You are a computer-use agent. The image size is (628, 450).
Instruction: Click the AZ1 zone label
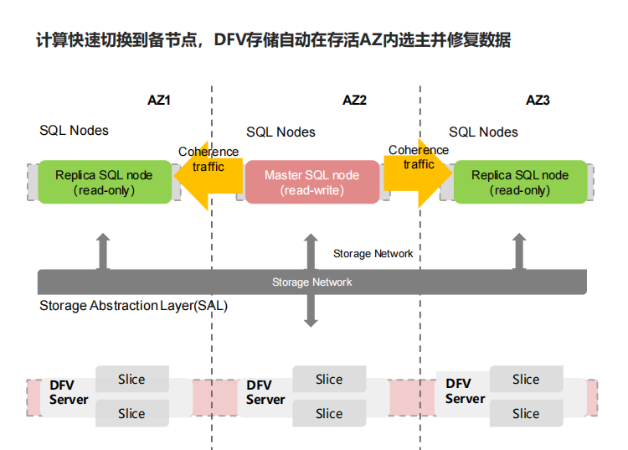click(x=159, y=100)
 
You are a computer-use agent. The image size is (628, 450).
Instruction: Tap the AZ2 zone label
click(x=354, y=100)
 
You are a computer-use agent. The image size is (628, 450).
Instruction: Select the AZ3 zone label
click(x=538, y=100)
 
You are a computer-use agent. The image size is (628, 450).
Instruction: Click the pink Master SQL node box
click(x=312, y=183)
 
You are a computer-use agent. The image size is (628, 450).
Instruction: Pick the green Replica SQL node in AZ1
click(x=105, y=182)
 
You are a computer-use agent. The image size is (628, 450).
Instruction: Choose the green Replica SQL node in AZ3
click(x=520, y=182)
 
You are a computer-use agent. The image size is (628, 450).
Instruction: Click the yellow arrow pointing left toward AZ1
click(x=208, y=175)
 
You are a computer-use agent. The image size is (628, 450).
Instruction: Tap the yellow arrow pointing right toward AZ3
click(x=418, y=173)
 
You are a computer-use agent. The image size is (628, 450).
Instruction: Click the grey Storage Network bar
click(x=312, y=282)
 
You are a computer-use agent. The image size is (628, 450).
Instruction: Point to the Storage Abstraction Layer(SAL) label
click(x=133, y=306)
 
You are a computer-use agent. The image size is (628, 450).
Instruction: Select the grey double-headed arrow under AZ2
click(x=311, y=280)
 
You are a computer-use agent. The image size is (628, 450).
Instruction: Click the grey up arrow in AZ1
click(x=103, y=251)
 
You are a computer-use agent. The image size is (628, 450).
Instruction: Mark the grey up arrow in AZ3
click(x=519, y=251)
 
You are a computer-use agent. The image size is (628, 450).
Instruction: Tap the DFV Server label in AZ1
click(x=69, y=392)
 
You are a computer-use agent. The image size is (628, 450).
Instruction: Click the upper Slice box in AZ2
click(x=329, y=379)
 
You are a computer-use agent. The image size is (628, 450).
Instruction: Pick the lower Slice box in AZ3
click(x=527, y=413)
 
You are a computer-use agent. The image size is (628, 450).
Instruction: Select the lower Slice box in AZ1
click(x=131, y=413)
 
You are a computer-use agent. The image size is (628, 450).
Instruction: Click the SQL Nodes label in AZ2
click(x=281, y=132)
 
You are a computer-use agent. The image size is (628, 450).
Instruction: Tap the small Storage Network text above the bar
click(x=373, y=254)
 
